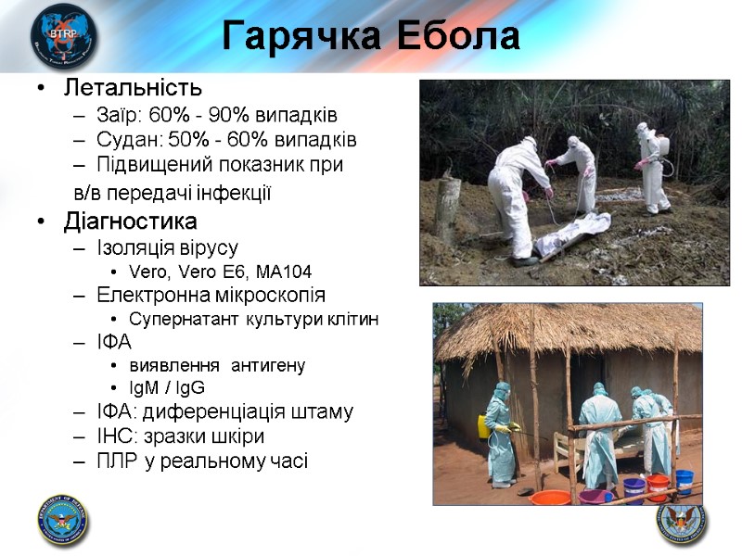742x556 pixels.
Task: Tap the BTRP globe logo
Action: pos(62,36)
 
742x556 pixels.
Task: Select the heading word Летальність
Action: pos(133,89)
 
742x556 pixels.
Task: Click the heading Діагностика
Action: pos(130,222)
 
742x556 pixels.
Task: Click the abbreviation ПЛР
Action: pos(116,461)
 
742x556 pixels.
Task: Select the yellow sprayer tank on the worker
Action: pos(483,426)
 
